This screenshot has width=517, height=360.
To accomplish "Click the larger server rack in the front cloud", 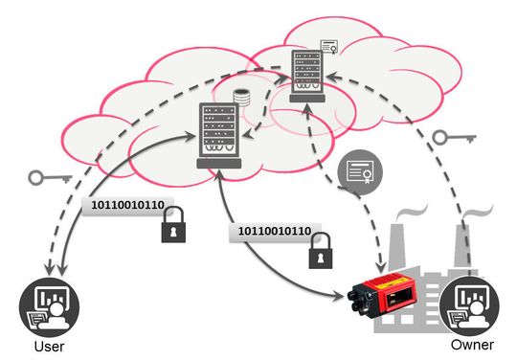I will (217, 134).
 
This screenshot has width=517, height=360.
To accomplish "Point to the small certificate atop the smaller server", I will (329, 47).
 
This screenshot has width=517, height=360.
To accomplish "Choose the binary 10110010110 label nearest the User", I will (126, 205).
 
